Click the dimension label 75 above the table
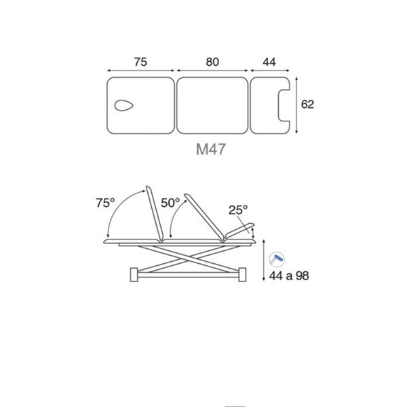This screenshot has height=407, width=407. pos(140,62)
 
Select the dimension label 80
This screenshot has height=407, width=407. pos(212,62)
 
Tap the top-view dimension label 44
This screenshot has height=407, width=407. pos(269,62)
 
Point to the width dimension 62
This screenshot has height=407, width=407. pos(307,104)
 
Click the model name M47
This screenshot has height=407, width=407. pos(210,149)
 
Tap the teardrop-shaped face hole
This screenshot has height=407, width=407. pos(124,105)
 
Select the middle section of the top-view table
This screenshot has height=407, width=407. pos(212,105)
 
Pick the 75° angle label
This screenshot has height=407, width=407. pos(105,203)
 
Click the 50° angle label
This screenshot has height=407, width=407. pos(170,203)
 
